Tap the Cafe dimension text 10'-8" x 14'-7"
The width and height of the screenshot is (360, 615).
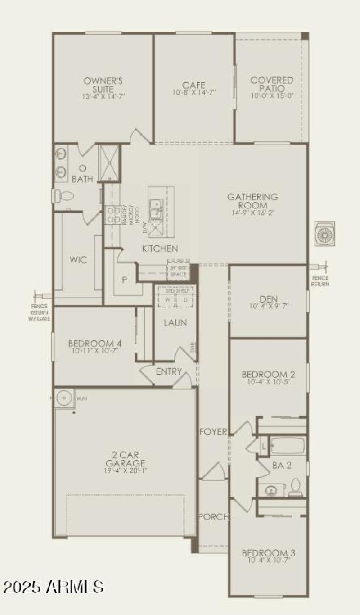pyautogui.click(x=194, y=93)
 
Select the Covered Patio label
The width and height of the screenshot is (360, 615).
pyautogui.click(x=272, y=84)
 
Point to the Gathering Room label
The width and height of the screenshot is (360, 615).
pyautogui.click(x=252, y=201)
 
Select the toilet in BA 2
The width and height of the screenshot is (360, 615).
pyautogui.click(x=295, y=488)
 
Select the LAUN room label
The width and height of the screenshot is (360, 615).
pyautogui.click(x=175, y=323)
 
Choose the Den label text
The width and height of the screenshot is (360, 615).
pyautogui.click(x=269, y=299)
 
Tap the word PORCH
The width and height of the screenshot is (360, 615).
pyautogui.click(x=213, y=517)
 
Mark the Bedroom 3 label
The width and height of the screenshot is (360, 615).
pyautogui.click(x=269, y=553)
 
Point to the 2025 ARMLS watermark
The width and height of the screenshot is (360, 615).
pyautogui.click(x=54, y=587)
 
